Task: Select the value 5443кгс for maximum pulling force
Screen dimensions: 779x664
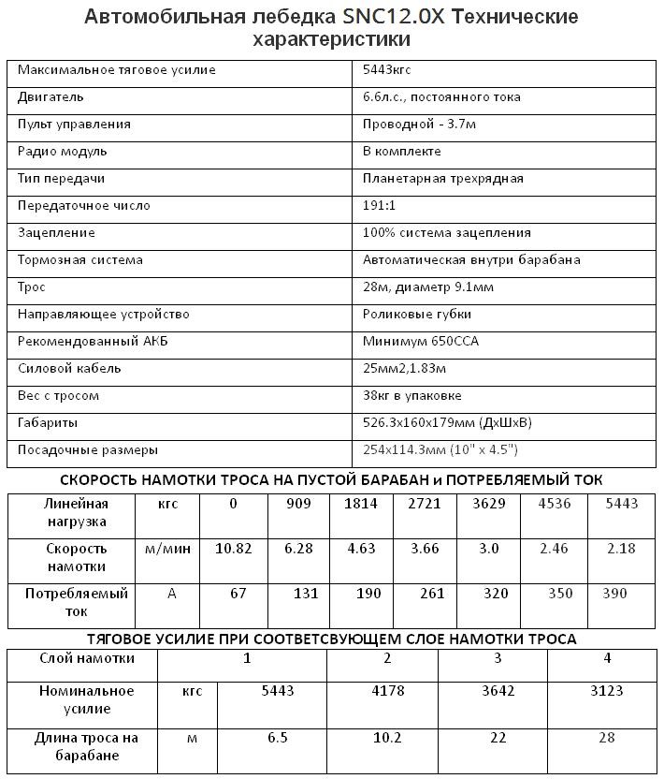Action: (x=387, y=70)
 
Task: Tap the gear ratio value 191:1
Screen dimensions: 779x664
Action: (x=383, y=206)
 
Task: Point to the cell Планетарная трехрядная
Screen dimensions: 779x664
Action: (x=443, y=179)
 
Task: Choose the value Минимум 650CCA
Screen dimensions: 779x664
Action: (x=421, y=342)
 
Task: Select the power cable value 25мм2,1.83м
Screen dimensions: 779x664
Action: (x=405, y=369)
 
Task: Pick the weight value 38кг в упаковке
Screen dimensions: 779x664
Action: (x=412, y=396)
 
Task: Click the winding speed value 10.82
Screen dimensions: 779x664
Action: (x=234, y=549)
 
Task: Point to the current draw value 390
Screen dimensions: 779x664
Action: (x=613, y=594)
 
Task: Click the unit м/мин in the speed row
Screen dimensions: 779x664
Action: (x=168, y=549)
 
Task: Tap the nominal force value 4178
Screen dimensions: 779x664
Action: (x=387, y=691)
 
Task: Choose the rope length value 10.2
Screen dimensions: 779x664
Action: (x=387, y=738)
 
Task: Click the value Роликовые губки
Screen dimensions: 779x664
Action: (x=417, y=315)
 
